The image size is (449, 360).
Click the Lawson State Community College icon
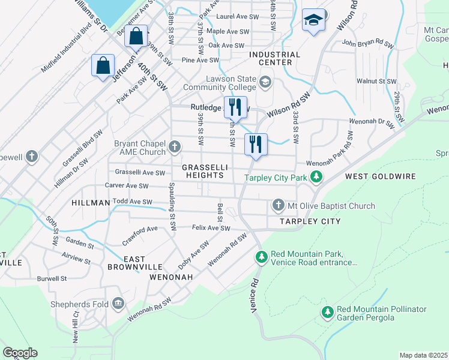[x=265, y=81]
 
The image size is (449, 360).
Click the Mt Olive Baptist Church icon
[x=278, y=206]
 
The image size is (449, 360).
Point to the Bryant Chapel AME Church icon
[x=175, y=146]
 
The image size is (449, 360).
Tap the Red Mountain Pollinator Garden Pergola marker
[x=327, y=313]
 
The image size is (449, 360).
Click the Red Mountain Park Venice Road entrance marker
[x=261, y=257]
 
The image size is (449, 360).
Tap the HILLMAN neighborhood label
[x=91, y=203]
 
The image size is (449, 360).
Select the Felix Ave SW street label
[x=211, y=228]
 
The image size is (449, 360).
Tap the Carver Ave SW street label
[x=126, y=186]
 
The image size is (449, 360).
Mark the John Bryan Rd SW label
[x=367, y=44]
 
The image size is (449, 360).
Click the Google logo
[x=20, y=353]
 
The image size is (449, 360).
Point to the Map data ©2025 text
[x=423, y=355]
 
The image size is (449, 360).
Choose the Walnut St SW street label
[x=376, y=81]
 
